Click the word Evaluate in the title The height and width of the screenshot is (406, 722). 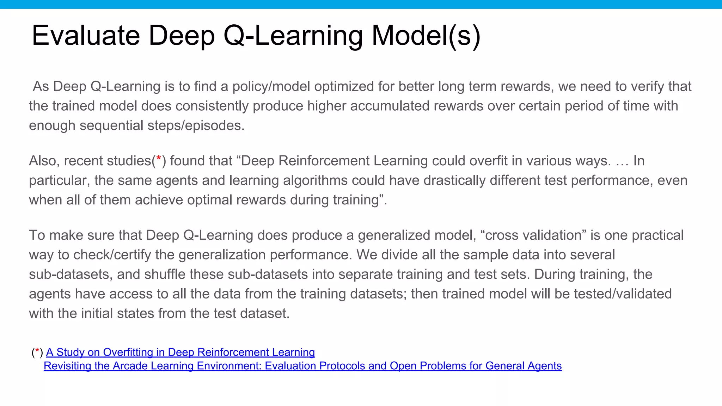tap(86, 36)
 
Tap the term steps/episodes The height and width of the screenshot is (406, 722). tap(196, 126)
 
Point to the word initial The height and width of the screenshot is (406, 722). tap(97, 314)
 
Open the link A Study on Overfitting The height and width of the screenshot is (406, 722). tap(180, 352)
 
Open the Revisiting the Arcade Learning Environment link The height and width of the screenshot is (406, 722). tap(302, 366)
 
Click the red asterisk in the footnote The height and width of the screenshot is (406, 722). tap(37, 351)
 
